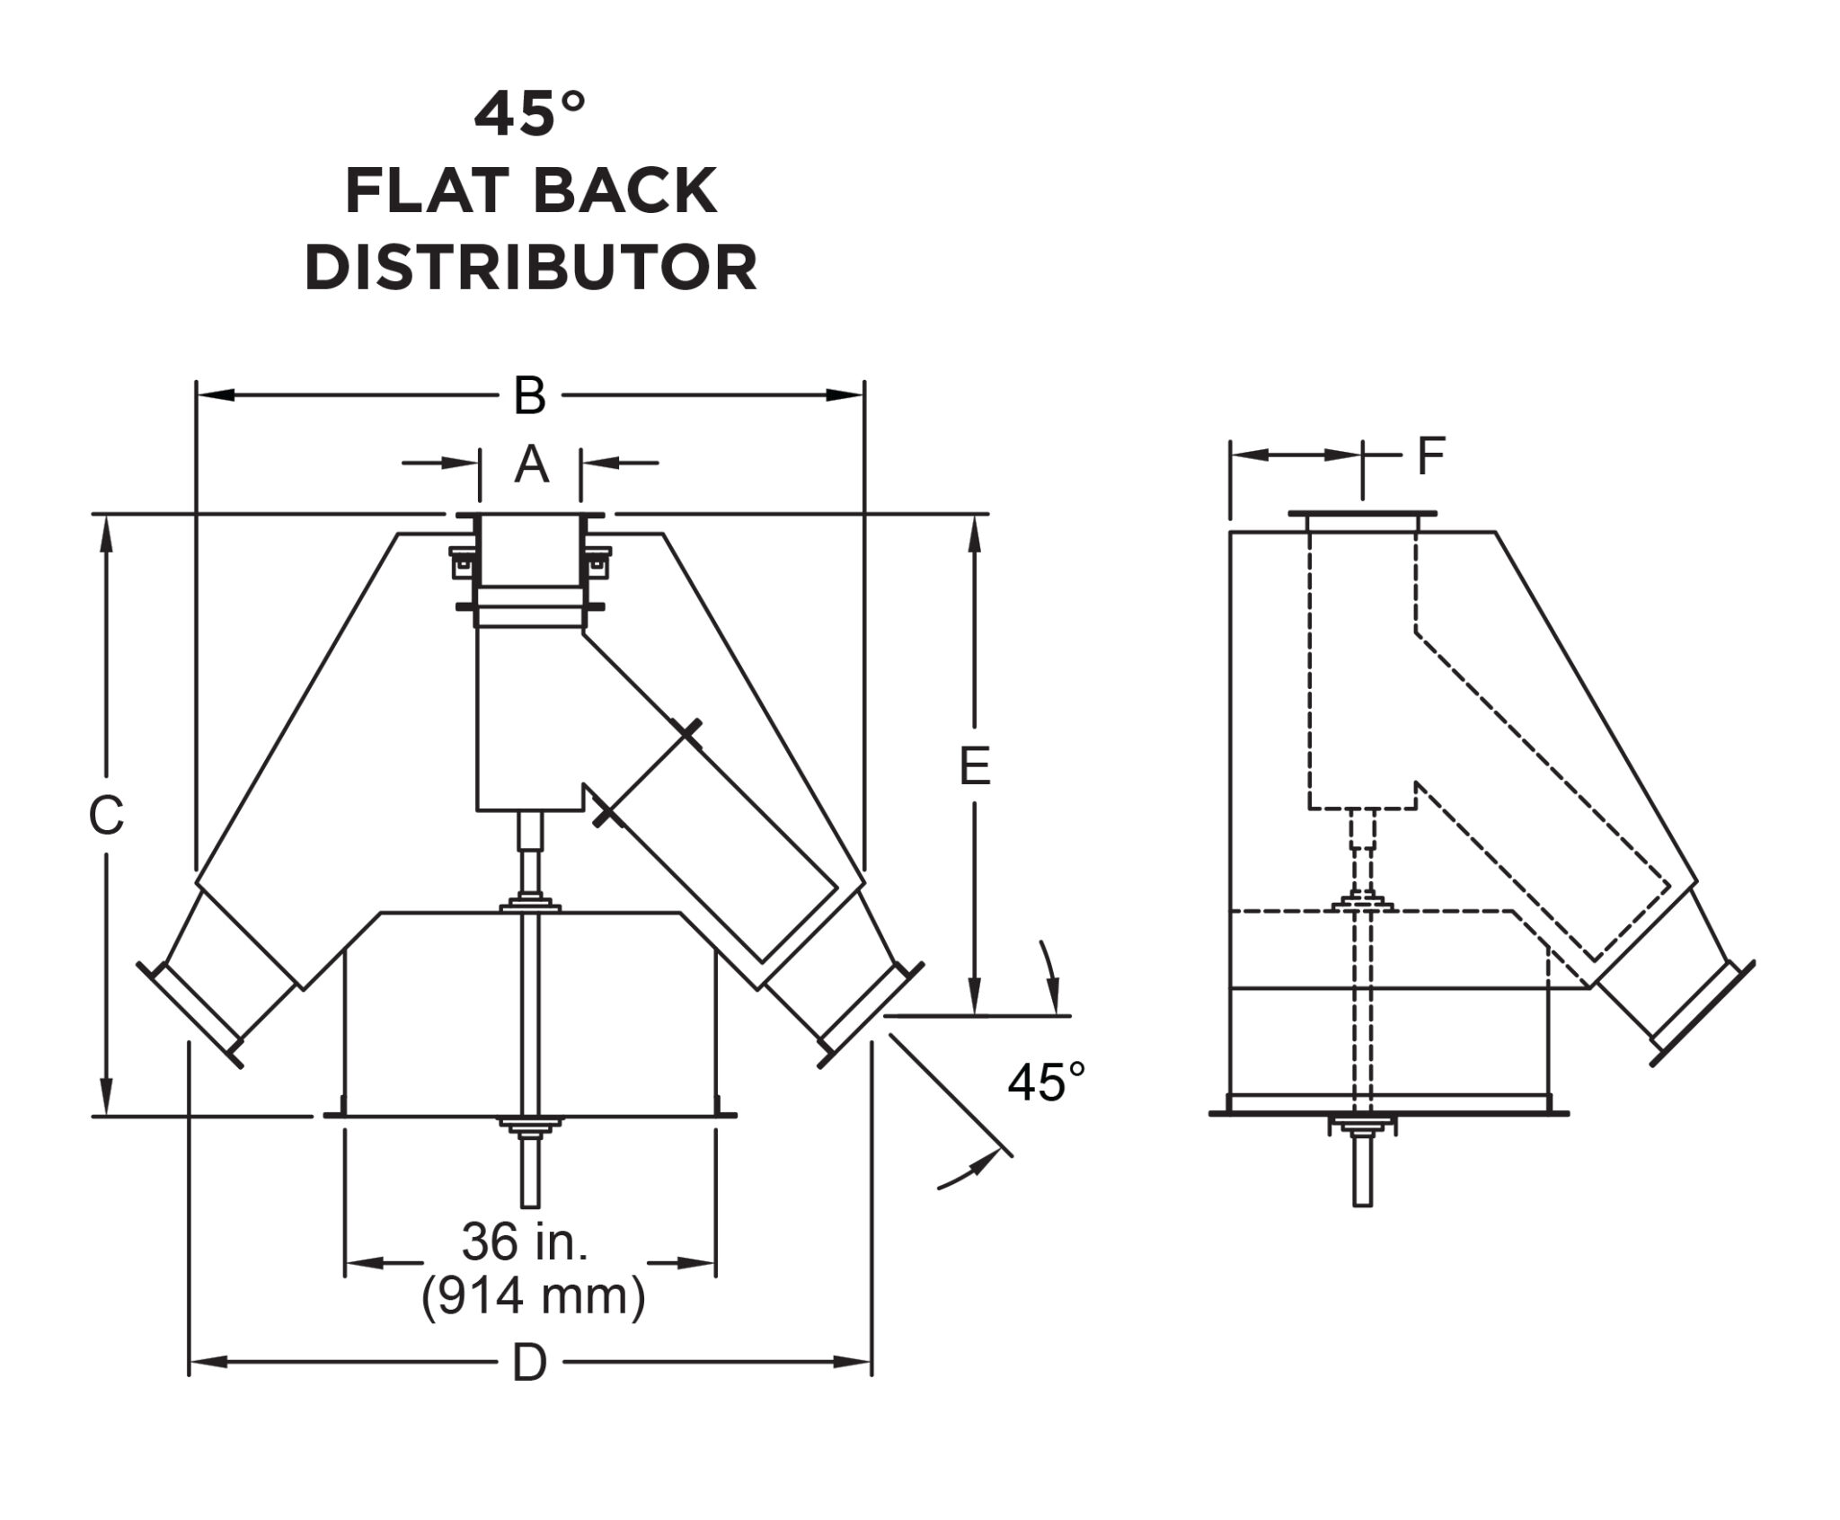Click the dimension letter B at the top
click(530, 396)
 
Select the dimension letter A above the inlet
click(531, 465)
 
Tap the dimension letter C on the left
click(106, 817)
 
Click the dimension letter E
click(975, 767)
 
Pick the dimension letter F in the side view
click(1430, 456)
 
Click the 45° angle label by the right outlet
click(1046, 1083)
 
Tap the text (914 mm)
click(533, 1297)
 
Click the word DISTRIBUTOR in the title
click(530, 268)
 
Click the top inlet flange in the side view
click(1362, 514)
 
